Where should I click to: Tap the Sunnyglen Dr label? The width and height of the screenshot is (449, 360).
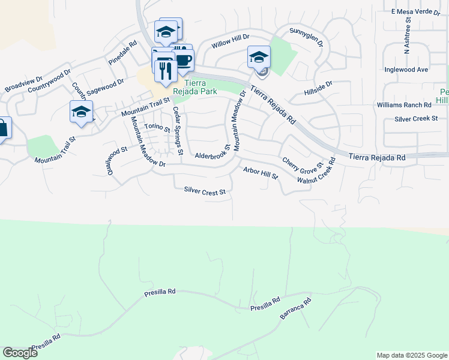pyautogui.click(x=306, y=37)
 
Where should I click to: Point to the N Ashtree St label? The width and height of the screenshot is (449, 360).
pyautogui.click(x=408, y=37)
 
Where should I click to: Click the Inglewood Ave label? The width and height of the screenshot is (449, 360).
pyautogui.click(x=406, y=70)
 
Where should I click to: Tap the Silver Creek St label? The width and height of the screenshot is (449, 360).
pyautogui.click(x=416, y=119)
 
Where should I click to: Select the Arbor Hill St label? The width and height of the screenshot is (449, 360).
pyautogui.click(x=261, y=173)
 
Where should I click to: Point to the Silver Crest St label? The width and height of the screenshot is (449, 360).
pyautogui.click(x=205, y=191)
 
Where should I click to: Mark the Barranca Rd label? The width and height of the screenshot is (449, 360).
pyautogui.click(x=296, y=308)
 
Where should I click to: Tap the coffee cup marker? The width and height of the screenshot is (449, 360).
pyautogui.click(x=184, y=60)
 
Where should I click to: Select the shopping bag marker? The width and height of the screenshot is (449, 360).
pyautogui.click(x=2, y=129)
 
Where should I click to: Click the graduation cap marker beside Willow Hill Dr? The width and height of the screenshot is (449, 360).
pyautogui.click(x=259, y=58)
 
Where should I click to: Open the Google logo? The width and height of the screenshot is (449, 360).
pyautogui.click(x=20, y=353)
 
